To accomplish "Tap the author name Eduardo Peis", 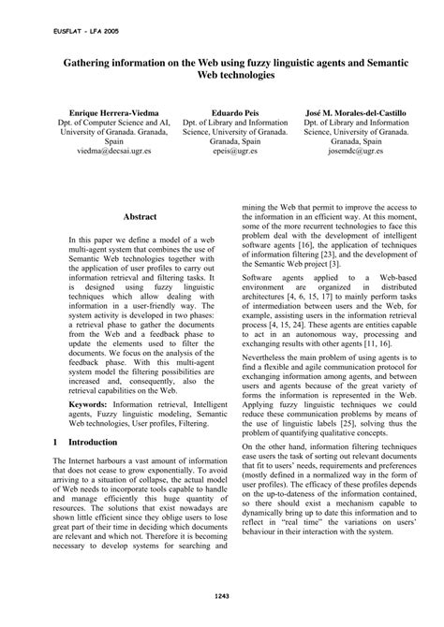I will (x=222, y=112).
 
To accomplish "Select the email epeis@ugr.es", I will (x=222, y=149).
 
